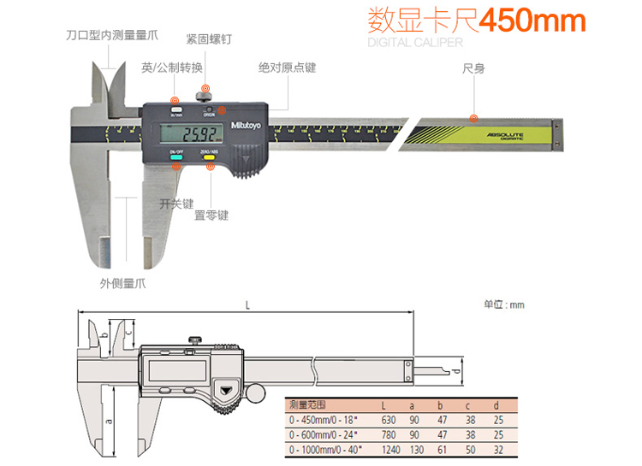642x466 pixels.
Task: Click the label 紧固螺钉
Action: point(208,39)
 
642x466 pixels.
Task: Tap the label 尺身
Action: point(473,68)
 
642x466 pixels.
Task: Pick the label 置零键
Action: point(211,215)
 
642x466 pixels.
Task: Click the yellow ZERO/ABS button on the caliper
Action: point(208,157)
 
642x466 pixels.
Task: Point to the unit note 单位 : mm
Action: point(503,304)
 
